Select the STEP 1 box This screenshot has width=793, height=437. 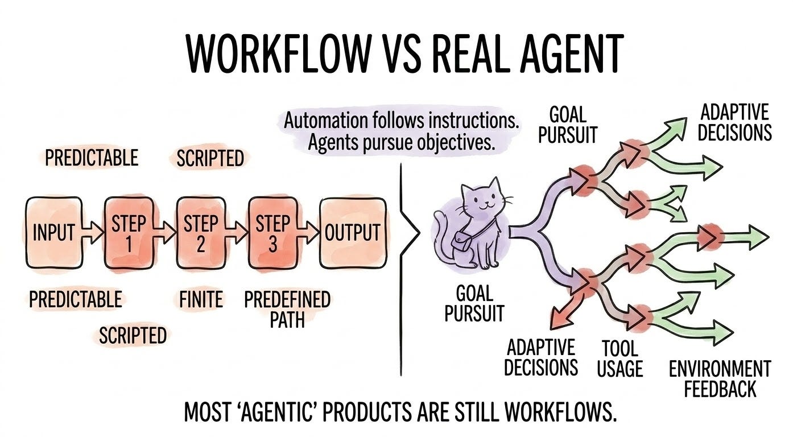(x=129, y=232)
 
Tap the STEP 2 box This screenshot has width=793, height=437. (x=200, y=232)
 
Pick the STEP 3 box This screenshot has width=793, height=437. (x=272, y=232)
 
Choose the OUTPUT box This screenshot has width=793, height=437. (x=352, y=232)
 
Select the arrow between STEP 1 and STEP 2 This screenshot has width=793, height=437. (x=164, y=229)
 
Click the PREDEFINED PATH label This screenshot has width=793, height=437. (x=287, y=309)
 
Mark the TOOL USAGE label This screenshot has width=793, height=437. (x=619, y=358)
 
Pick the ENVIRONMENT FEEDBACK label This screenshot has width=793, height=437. (x=720, y=378)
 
